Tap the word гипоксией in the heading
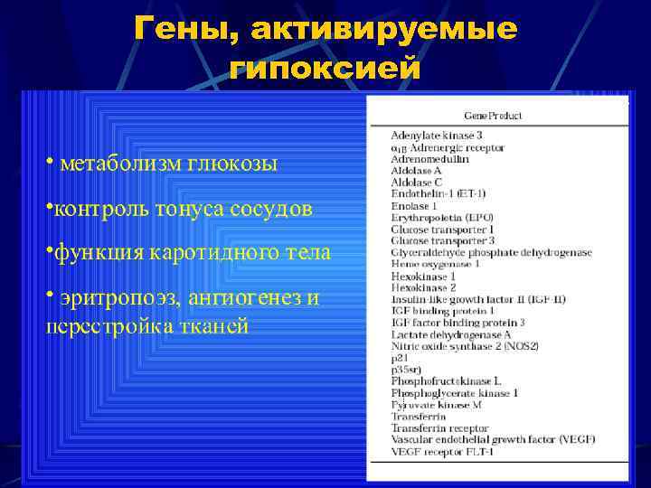coord(325,68)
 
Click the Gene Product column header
coord(493,116)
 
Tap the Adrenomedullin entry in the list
coord(429,158)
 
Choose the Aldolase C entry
coord(416,182)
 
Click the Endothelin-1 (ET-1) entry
coord(439,193)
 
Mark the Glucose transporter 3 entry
coord(442,240)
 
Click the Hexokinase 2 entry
coord(418,286)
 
